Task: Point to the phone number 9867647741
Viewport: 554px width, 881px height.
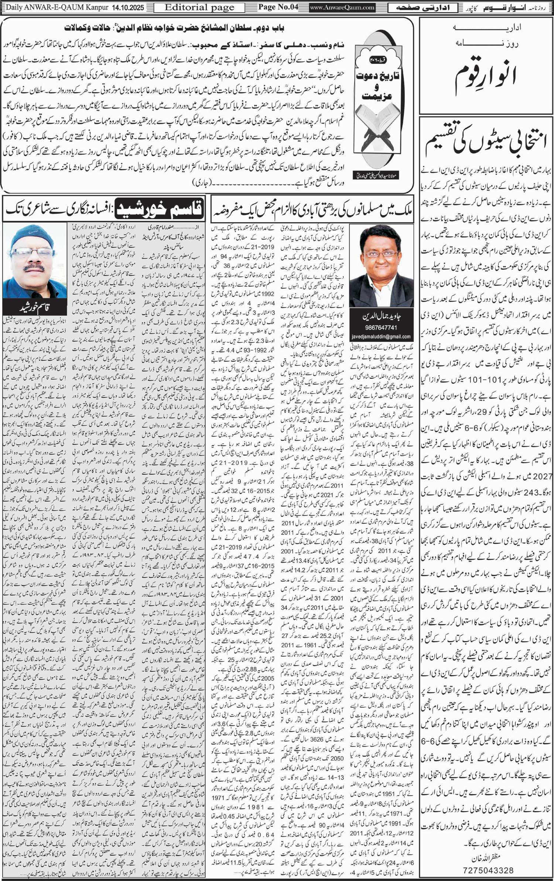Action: pos(381,328)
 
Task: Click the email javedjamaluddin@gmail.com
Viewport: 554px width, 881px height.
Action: pos(381,336)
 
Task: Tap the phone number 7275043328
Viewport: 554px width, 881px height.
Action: pos(488,870)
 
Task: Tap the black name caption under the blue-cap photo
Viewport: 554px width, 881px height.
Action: pos(35,307)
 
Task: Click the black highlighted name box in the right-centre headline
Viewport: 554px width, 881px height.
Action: pos(159,209)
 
